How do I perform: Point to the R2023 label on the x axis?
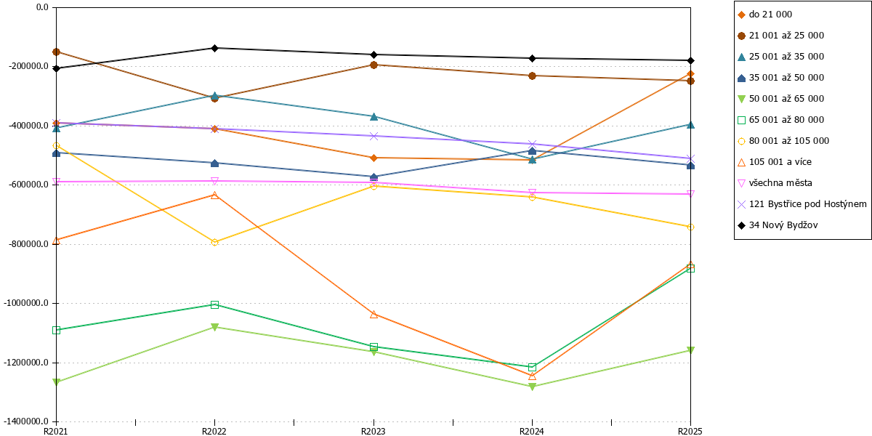pos(374,431)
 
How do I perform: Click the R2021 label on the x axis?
pos(56,431)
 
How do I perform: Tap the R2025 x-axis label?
pos(690,431)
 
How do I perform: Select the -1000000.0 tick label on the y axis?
pos(25,303)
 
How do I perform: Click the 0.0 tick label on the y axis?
pos(42,7)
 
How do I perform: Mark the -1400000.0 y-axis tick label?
pos(25,421)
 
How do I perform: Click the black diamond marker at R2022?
pos(214,48)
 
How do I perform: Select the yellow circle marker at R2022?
pos(214,242)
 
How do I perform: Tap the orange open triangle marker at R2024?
pos(532,376)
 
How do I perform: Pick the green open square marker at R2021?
pos(56,330)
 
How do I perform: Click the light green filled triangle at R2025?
pos(690,350)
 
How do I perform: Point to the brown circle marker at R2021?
pos(56,52)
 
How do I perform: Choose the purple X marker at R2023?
pos(374,137)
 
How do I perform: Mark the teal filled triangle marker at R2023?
pos(374,116)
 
